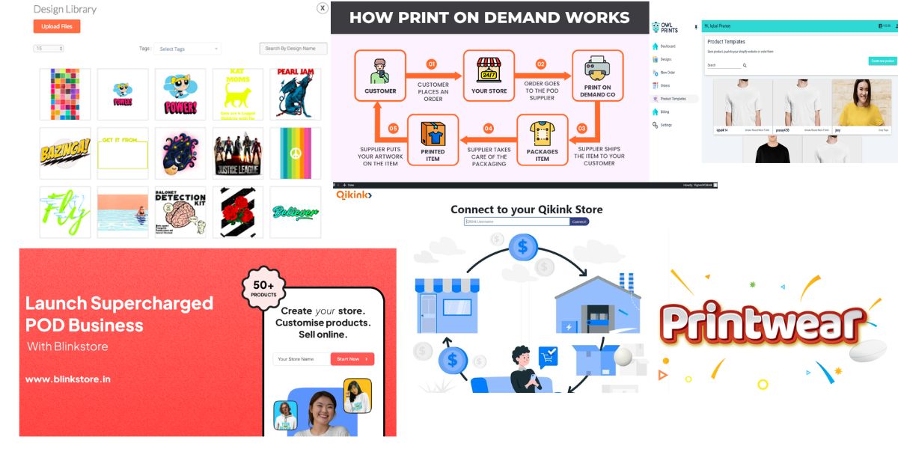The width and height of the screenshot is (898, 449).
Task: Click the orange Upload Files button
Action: point(56,26)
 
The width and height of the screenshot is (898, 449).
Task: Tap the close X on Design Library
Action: point(322,8)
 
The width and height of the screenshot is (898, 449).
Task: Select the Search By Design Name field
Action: point(293,49)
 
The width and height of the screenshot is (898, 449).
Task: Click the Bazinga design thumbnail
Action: point(65,153)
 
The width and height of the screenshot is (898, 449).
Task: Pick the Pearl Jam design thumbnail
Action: point(295,94)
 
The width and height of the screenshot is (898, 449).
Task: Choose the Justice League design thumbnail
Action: point(238,153)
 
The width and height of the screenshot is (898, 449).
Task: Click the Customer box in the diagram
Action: point(380,76)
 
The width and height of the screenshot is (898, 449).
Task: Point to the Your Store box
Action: point(489,76)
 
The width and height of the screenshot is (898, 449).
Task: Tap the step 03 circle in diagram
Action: point(582,129)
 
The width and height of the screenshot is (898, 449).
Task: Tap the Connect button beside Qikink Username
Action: point(579,222)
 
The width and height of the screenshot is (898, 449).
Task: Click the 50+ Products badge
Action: point(263,288)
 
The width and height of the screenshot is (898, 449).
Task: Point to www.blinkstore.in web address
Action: point(68,379)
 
